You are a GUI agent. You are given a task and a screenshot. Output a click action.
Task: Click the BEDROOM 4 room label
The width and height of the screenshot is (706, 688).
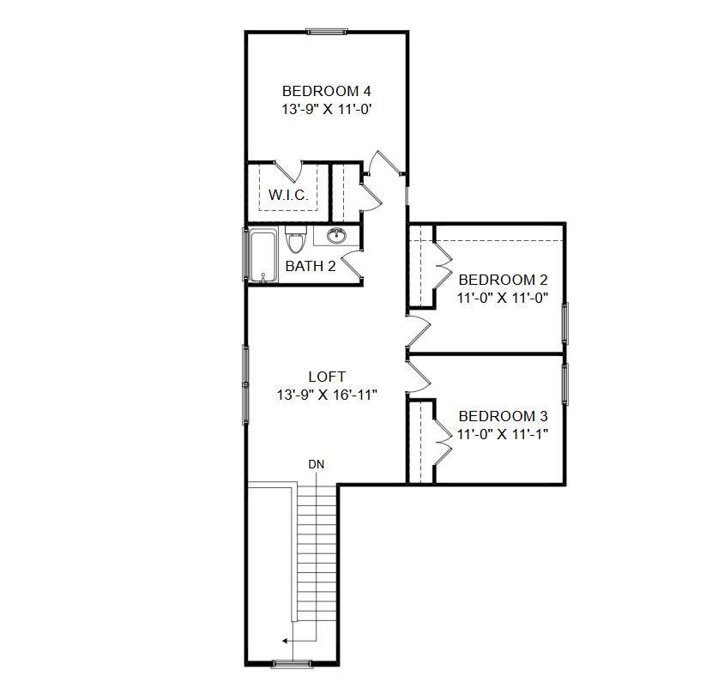[x=326, y=91]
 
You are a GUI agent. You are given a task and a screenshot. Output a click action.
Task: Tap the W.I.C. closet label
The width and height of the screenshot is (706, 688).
[x=288, y=196]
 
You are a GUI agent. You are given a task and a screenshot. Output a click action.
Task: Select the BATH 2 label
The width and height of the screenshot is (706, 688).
[x=310, y=266]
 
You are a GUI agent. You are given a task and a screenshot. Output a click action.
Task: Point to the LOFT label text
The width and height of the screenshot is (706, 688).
[x=327, y=377]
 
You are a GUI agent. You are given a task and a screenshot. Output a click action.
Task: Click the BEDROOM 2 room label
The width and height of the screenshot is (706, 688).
[x=503, y=280]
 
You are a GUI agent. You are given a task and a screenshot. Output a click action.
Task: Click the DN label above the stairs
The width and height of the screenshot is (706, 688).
[x=316, y=464]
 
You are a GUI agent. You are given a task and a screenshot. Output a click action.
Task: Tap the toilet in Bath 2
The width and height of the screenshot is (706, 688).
[x=295, y=240]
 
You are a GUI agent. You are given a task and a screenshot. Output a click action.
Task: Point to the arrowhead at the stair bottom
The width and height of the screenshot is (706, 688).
[x=286, y=640]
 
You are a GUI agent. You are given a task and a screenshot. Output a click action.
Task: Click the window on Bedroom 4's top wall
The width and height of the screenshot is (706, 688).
[x=326, y=33]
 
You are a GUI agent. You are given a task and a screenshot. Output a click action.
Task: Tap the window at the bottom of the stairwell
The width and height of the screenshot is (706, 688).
[x=290, y=663]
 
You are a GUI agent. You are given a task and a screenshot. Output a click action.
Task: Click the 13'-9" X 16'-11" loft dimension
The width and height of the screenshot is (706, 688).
[x=327, y=395]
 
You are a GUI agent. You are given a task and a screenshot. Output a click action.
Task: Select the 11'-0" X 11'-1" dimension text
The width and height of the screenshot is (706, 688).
[x=503, y=433]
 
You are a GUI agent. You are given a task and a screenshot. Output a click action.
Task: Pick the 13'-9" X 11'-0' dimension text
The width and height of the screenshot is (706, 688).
[x=326, y=110]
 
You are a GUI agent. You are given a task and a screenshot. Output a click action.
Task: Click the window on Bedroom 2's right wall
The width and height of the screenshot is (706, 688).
[x=564, y=323]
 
